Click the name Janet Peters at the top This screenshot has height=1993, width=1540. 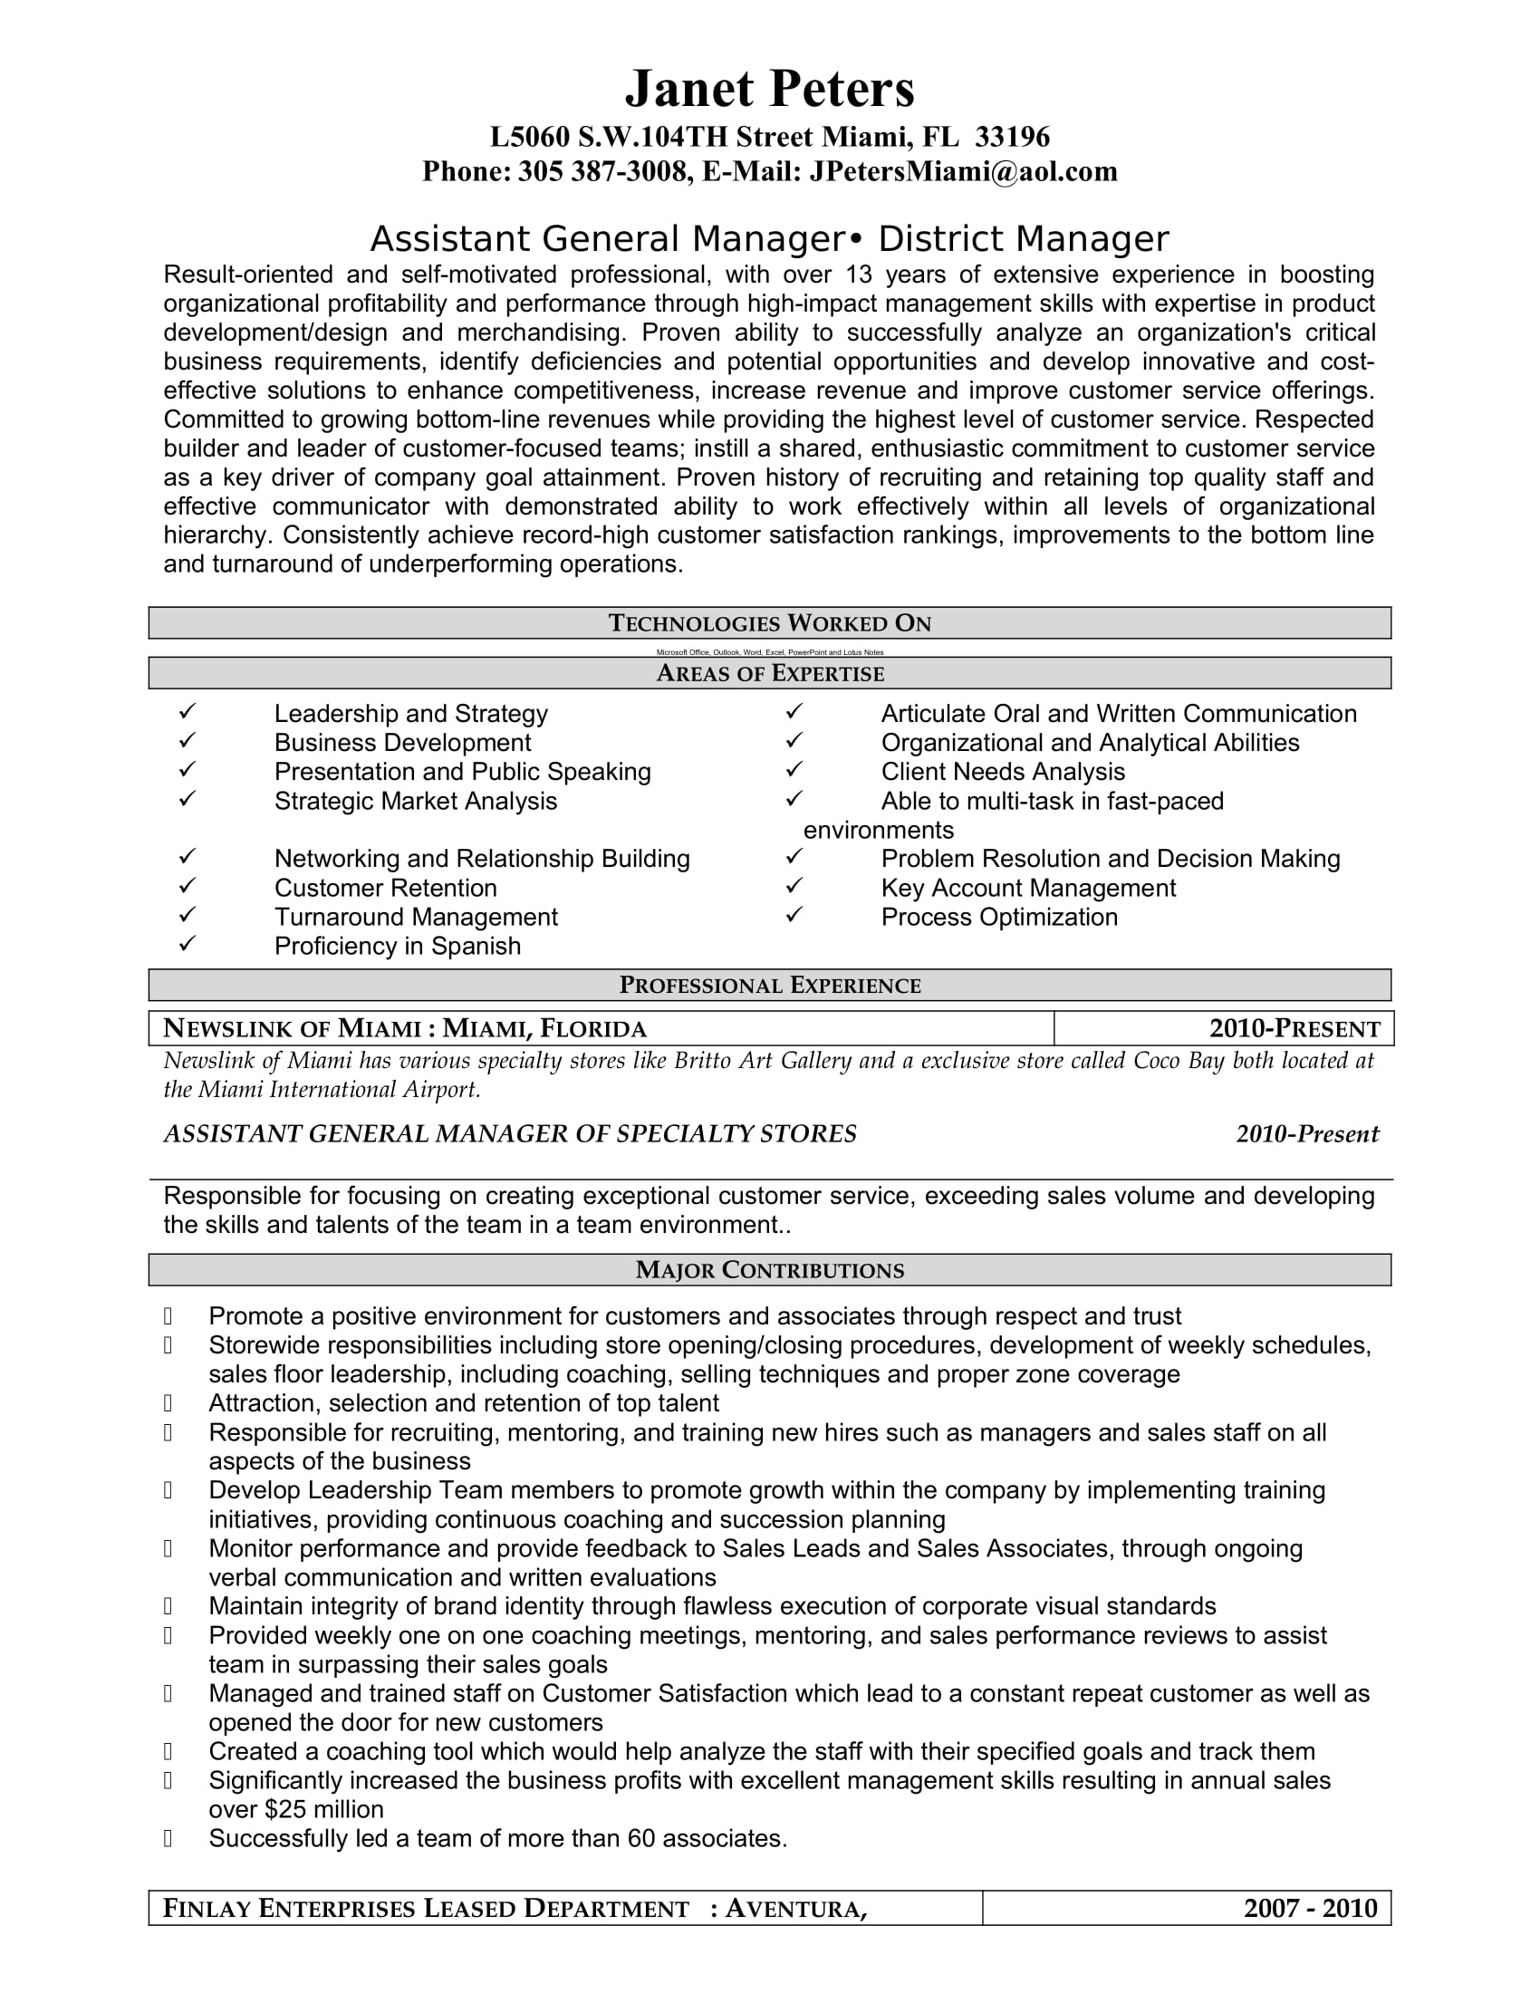(769, 89)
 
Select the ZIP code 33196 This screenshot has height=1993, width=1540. (1013, 137)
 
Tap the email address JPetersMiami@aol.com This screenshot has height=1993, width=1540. (962, 171)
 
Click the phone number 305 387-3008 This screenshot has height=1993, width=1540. (602, 171)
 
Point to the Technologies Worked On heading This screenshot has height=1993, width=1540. (769, 623)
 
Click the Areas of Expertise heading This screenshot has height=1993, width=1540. (769, 673)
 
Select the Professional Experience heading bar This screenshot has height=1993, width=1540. (769, 985)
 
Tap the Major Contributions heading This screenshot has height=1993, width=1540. (769, 1269)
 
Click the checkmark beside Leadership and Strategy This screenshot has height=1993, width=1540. (187, 711)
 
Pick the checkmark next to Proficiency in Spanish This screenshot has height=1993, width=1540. (187, 944)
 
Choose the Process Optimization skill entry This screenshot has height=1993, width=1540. (999, 917)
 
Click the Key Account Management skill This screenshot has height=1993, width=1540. (1028, 888)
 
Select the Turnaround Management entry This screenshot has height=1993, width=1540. (416, 917)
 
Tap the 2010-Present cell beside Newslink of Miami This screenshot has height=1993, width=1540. (1294, 1028)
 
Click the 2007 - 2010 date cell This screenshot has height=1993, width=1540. (1310, 1908)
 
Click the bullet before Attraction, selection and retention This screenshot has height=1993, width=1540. (168, 1403)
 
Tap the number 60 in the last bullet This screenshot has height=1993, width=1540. (641, 1839)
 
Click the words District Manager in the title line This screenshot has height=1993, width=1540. (1023, 239)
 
